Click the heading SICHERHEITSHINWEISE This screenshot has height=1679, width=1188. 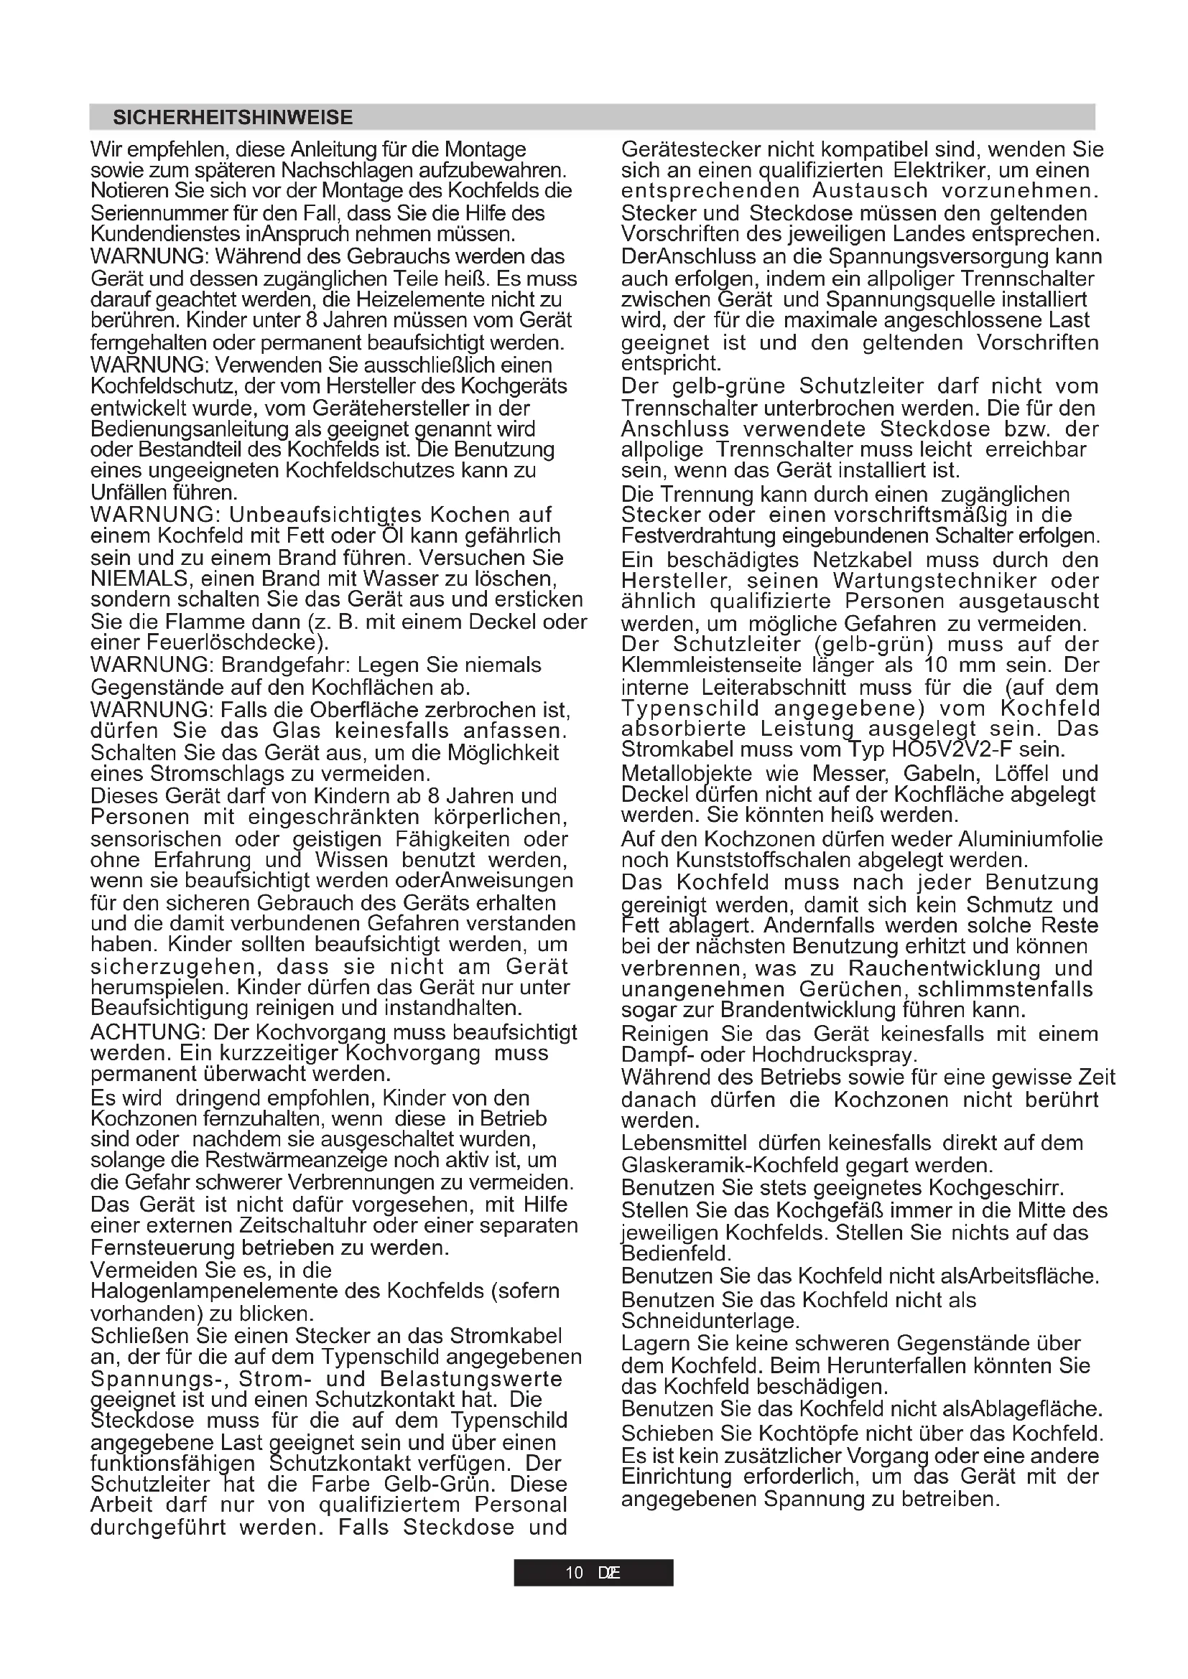232,118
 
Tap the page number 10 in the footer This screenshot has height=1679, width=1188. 575,1572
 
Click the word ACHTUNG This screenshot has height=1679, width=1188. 147,1032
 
